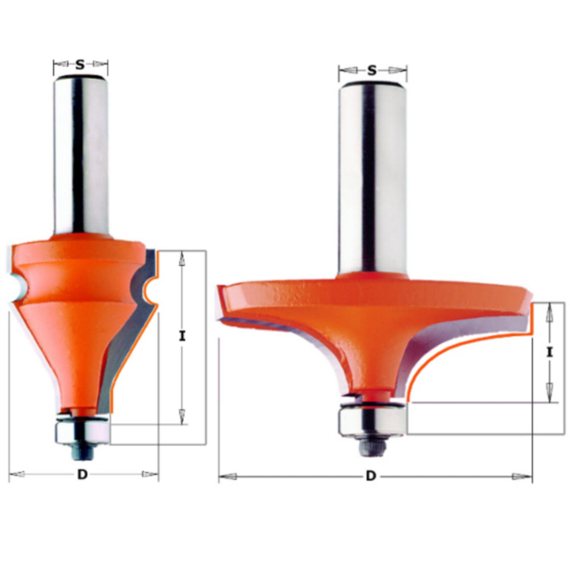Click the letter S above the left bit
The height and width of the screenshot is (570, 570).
click(80, 65)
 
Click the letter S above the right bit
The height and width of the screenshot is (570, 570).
click(372, 71)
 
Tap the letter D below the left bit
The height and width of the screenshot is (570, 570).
click(83, 475)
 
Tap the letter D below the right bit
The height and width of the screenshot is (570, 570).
click(371, 477)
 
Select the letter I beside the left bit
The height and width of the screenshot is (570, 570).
click(182, 337)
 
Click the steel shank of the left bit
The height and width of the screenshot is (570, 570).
click(81, 154)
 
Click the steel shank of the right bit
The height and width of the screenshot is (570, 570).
click(373, 177)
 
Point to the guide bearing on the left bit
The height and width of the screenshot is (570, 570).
click(81, 432)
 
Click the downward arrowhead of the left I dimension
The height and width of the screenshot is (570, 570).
click(182, 416)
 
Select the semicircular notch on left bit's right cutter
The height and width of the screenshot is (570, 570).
click(149, 291)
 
